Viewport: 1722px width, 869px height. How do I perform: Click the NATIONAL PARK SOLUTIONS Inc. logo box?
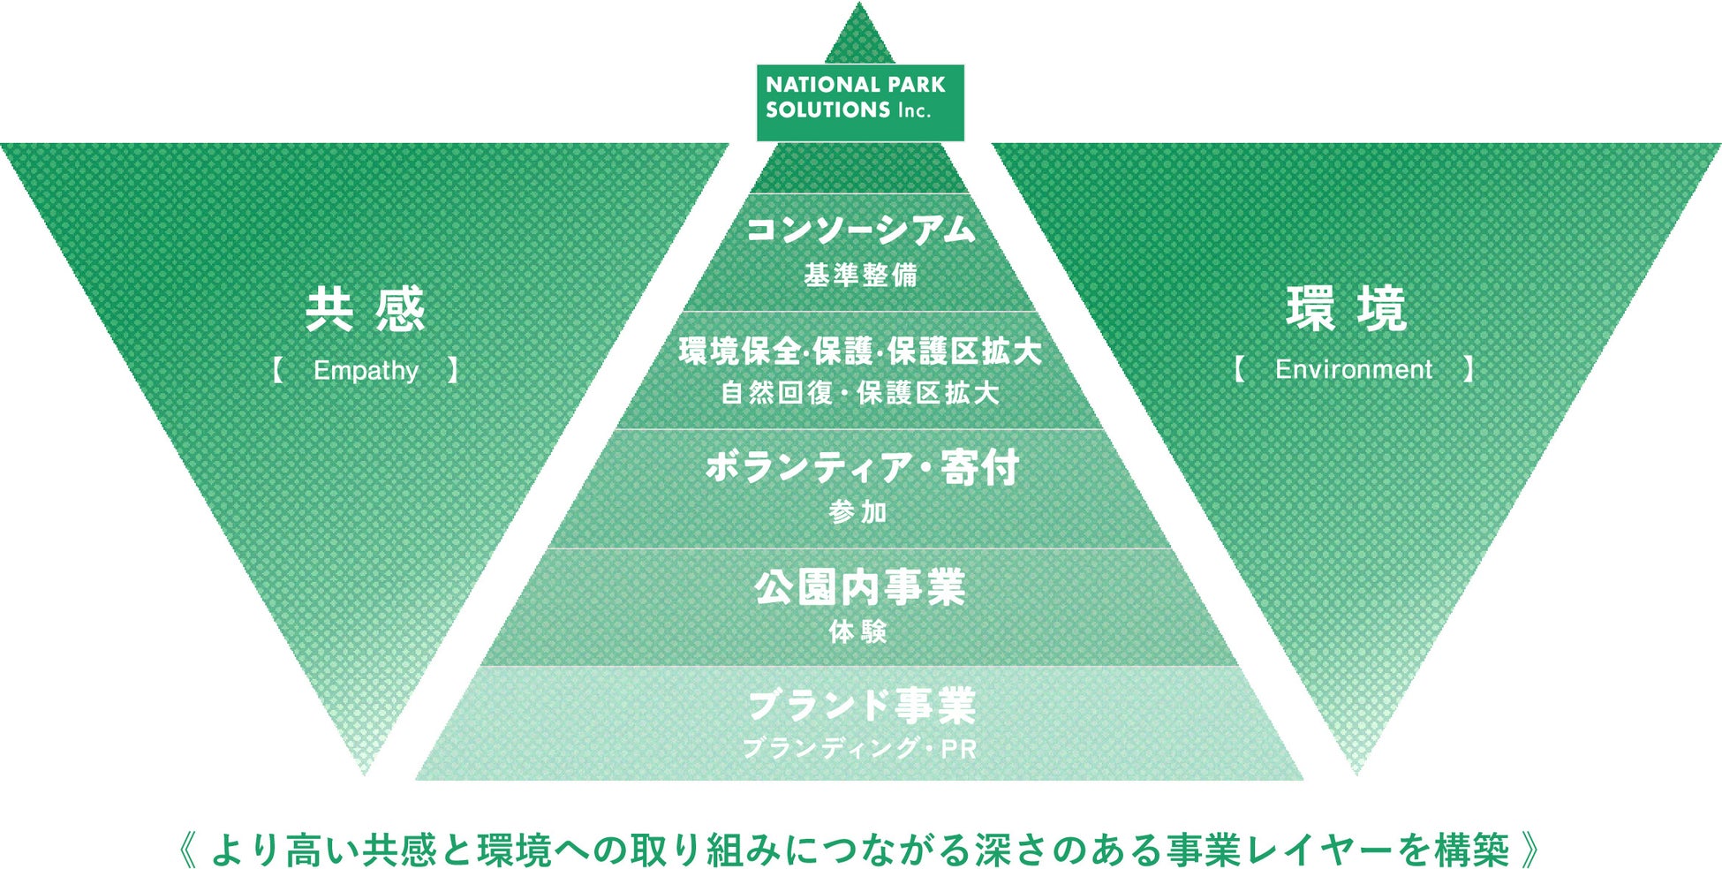click(x=859, y=102)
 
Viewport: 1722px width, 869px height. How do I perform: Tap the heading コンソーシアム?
click(x=860, y=230)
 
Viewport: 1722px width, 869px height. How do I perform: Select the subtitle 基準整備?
click(x=860, y=276)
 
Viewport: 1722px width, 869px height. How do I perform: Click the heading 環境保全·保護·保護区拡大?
click(x=860, y=351)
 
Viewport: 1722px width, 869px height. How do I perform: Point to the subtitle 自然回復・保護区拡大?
click(x=860, y=393)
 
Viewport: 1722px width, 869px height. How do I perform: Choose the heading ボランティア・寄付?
click(x=862, y=467)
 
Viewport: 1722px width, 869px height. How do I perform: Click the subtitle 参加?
click(x=858, y=512)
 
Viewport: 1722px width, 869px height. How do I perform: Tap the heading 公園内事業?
click(x=860, y=587)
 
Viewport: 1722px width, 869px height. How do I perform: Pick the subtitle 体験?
click(x=858, y=631)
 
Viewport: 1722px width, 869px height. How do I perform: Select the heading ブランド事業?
click(x=861, y=705)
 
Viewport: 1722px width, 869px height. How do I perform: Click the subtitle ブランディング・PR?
click(x=860, y=749)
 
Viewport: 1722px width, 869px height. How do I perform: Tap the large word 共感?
click(x=366, y=309)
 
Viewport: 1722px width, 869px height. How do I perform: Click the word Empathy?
click(x=366, y=370)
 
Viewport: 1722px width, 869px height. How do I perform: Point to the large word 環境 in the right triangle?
click(x=1347, y=309)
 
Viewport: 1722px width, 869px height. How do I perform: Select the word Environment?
click(x=1354, y=369)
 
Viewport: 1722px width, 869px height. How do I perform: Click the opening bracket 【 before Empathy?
click(x=277, y=369)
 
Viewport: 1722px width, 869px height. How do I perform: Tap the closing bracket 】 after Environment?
click(x=1468, y=368)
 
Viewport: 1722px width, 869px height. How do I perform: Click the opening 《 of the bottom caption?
click(x=190, y=850)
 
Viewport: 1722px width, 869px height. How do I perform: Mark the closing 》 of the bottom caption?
click(x=1531, y=850)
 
